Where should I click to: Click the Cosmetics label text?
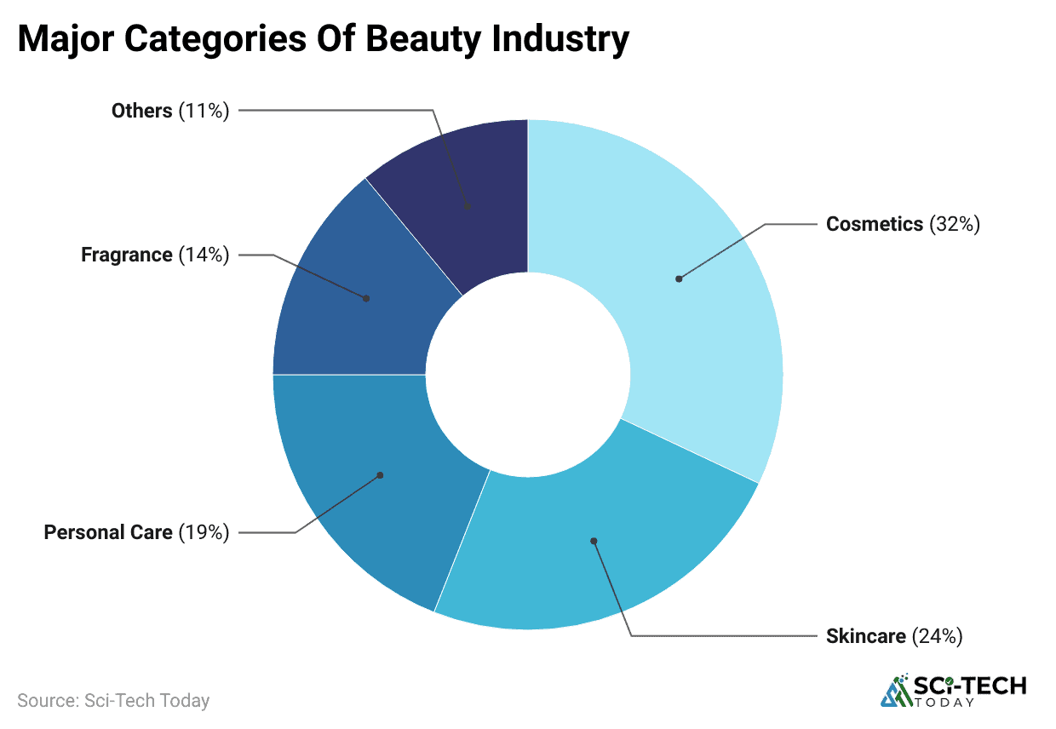tap(875, 224)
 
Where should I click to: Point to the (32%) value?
tap(955, 224)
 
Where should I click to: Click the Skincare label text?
tap(865, 636)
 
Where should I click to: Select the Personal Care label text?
tap(108, 533)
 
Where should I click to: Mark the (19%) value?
tap(204, 533)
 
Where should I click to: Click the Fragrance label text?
tap(127, 255)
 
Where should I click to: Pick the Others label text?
tap(142, 111)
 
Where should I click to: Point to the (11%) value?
tap(204, 111)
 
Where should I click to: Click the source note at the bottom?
tap(113, 701)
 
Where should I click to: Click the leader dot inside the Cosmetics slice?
tap(679, 278)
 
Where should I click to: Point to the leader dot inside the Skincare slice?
tap(594, 541)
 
